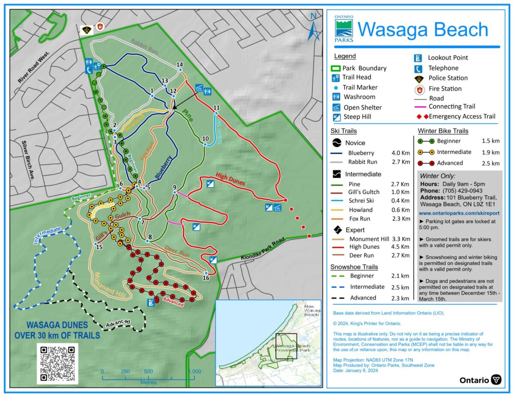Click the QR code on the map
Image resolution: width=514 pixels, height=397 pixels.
click(57, 363)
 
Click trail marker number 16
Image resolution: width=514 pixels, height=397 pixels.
click(206, 273)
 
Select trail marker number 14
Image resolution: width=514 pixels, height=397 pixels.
click(180, 69)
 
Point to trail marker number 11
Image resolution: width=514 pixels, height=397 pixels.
click(216, 113)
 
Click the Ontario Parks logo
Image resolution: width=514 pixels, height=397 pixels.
click(344, 29)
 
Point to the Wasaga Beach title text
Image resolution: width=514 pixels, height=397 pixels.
click(423, 30)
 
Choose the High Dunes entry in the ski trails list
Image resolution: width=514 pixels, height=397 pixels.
click(365, 247)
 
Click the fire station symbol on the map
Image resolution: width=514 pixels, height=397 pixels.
click(100, 27)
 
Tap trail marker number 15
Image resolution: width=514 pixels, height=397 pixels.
click(96, 244)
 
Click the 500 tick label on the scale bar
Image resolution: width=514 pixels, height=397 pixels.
click(148, 371)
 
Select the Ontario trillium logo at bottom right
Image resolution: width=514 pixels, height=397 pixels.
click(496, 380)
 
